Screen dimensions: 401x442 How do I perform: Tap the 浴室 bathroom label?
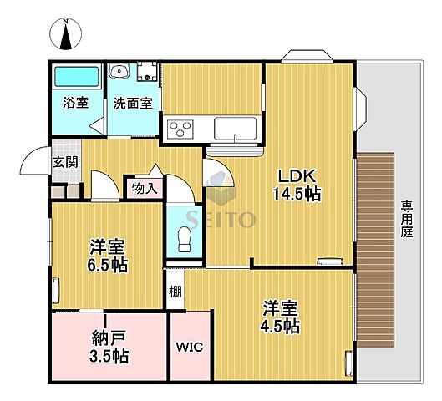coord(76,103)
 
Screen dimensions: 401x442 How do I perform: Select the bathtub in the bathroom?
coord(77,79)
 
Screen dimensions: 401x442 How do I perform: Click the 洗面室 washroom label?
coord(132,103)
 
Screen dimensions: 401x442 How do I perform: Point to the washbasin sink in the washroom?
coord(120,72)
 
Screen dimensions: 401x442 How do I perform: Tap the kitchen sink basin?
coord(236,129)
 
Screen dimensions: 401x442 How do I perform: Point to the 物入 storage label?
coord(144,188)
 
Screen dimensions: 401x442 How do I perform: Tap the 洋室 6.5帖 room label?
coord(108,256)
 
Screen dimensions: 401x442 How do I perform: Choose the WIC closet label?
coord(190,347)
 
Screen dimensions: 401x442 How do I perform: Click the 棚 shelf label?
coord(175,292)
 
